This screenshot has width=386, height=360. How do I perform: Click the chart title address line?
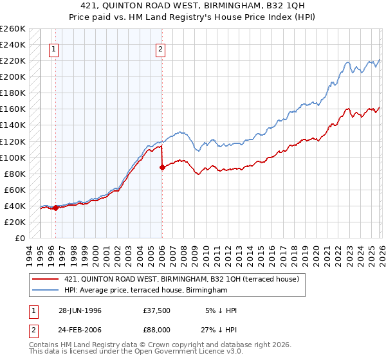[x=193, y=5]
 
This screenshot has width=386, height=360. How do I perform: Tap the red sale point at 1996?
[x=56, y=208]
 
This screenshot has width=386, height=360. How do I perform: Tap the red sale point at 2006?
[x=161, y=167]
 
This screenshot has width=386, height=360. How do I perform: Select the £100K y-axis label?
[x=13, y=157]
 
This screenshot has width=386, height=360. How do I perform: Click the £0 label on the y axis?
[x=19, y=238]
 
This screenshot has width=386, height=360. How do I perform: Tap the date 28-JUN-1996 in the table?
[x=80, y=310]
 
